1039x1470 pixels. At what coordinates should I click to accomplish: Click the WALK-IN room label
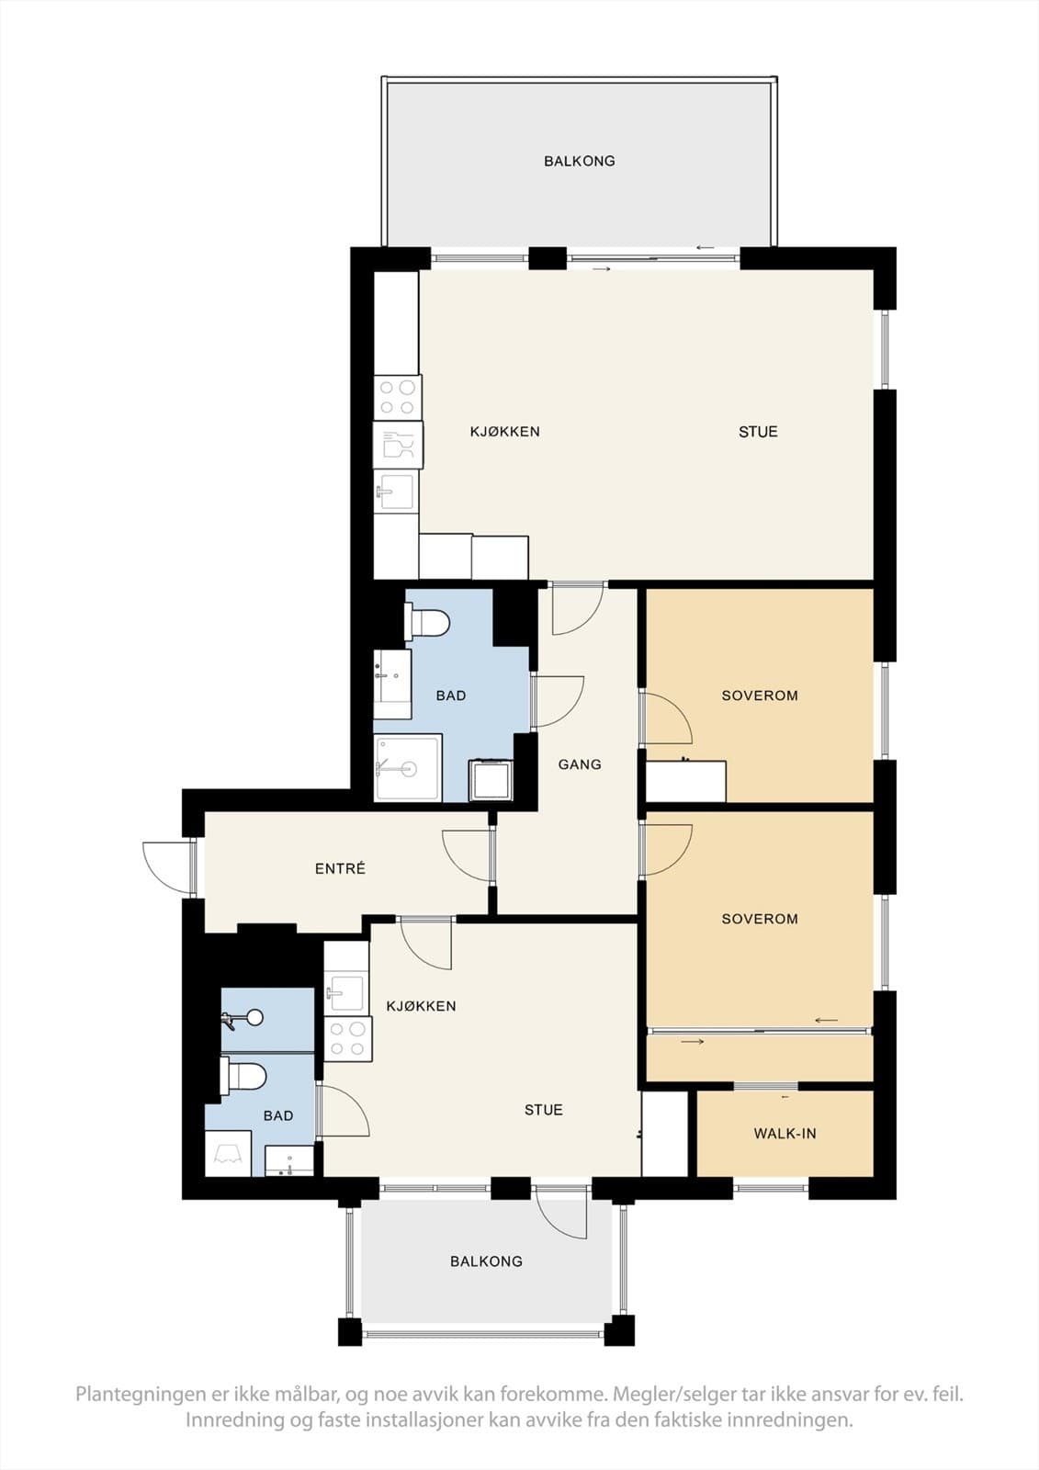[785, 1134]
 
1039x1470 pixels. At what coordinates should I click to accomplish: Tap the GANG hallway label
[580, 764]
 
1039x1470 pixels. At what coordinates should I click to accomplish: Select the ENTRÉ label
[340, 868]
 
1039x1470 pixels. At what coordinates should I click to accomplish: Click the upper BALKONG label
[579, 161]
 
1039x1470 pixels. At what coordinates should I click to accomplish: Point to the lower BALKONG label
[486, 1261]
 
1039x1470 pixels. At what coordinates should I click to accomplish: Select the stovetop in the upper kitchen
[397, 399]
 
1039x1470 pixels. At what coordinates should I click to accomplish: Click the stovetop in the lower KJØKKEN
[347, 1039]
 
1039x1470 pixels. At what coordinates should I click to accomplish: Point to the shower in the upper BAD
[407, 767]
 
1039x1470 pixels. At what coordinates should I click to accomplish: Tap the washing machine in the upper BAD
[490, 780]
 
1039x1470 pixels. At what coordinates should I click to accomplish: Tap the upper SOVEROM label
[759, 695]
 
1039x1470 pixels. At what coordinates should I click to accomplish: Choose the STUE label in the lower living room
[543, 1110]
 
